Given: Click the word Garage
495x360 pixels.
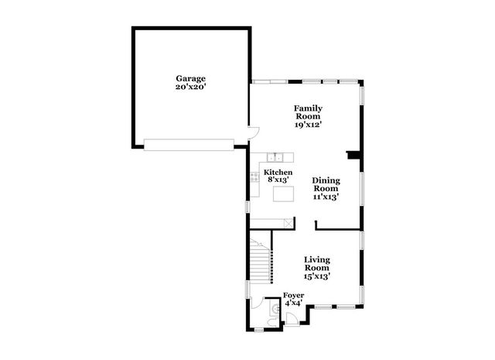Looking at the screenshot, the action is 191,79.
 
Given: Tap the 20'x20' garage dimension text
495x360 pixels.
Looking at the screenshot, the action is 191,87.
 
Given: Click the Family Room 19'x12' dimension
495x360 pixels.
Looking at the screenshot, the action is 308,125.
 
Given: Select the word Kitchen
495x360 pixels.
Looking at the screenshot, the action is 278,172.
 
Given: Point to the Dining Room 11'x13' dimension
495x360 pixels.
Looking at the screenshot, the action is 326,197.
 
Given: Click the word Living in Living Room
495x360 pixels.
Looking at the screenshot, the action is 317,260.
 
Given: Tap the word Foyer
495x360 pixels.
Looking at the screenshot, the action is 294,296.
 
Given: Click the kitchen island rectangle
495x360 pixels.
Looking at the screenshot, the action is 283,194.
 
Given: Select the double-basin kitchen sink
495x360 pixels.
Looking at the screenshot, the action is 275,157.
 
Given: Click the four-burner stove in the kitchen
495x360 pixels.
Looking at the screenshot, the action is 254,177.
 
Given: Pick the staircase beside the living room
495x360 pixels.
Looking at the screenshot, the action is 261,260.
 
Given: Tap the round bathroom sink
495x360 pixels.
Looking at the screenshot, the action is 275,308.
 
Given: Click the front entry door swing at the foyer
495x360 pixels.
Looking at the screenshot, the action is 291,317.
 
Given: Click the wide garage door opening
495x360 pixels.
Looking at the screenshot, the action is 189,145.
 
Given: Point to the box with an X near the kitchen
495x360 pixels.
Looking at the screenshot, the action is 288,224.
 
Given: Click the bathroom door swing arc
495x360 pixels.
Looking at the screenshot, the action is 258,303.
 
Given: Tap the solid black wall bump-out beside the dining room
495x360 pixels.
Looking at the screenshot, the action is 354,155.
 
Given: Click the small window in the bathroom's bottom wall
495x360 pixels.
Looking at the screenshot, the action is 259,331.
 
